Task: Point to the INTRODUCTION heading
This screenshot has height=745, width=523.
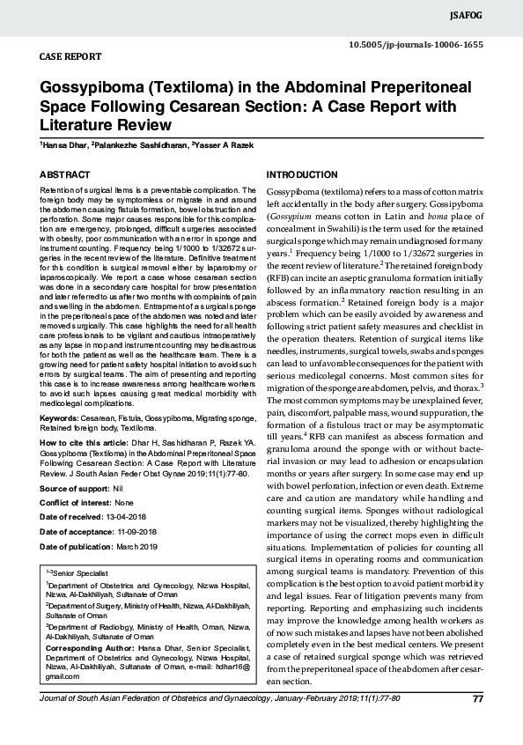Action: (x=302, y=175)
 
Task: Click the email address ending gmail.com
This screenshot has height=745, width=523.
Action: (x=61, y=676)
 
